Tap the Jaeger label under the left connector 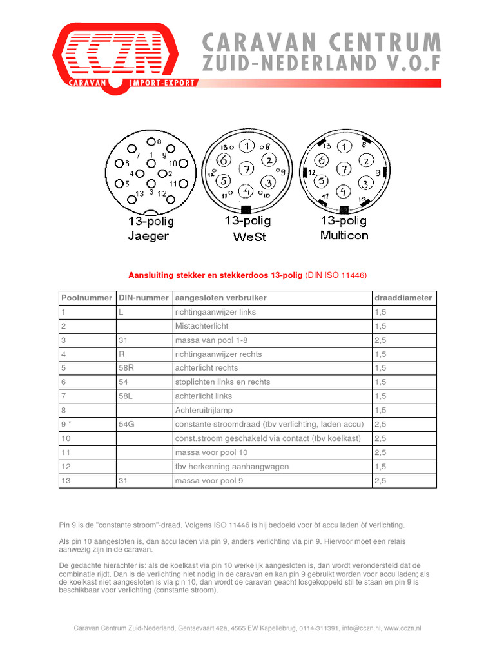[148, 236]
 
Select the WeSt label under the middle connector [247, 236]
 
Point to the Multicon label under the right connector [344, 235]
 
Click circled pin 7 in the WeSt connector [246, 170]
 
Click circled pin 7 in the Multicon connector [345, 169]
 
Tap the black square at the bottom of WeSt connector [246, 209]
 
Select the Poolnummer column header [87, 298]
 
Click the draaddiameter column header [403, 298]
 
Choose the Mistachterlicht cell [201, 326]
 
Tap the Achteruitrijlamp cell [203, 410]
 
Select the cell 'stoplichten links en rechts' [222, 382]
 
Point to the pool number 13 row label [66, 481]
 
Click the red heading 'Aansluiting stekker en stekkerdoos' [215, 275]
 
